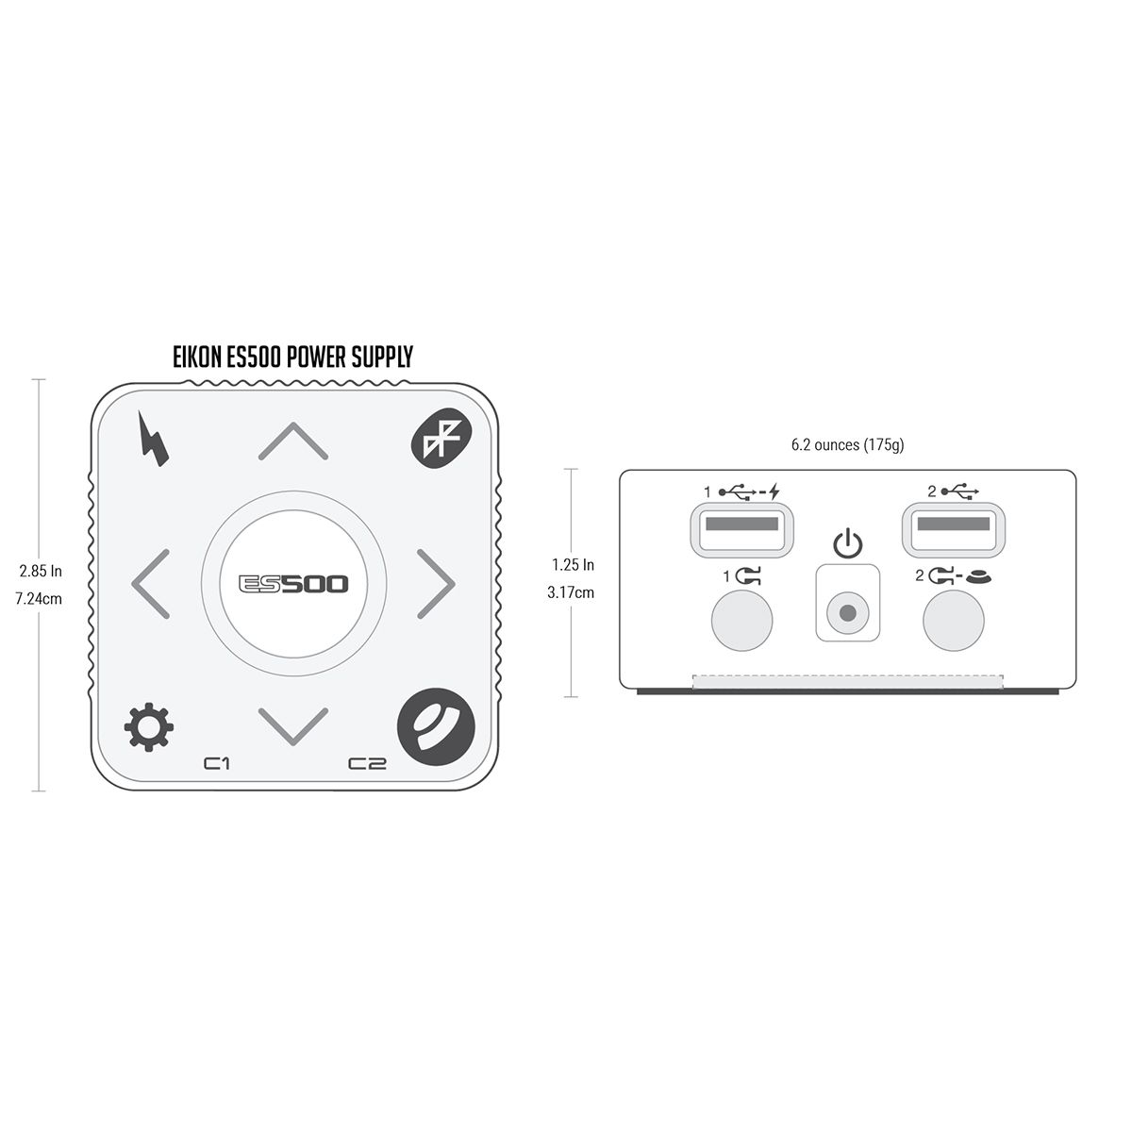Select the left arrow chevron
tap(151, 582)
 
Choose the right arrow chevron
tap(436, 582)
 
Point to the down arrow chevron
tap(293, 723)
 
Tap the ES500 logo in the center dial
tap(293, 584)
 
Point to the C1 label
tap(218, 763)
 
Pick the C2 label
tap(367, 763)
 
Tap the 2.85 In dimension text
tap(41, 571)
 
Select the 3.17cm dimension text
tap(573, 592)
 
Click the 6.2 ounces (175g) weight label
tap(846, 444)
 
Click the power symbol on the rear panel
tap(848, 544)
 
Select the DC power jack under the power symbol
tap(847, 614)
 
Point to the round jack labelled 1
tap(741, 620)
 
